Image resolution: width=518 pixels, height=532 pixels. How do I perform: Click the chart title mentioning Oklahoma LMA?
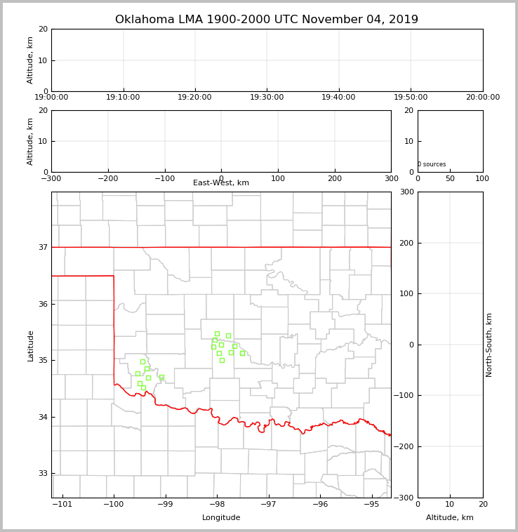(x=266, y=20)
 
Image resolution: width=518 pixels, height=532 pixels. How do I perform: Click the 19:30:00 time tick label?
(x=267, y=98)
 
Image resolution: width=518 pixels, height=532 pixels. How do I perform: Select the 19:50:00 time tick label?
(x=411, y=98)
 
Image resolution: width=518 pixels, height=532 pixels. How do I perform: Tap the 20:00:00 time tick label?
(x=482, y=98)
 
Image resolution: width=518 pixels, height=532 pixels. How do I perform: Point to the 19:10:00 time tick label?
(x=124, y=98)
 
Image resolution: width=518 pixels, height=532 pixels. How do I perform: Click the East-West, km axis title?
(x=221, y=183)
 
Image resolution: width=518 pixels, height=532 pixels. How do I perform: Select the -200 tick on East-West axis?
(x=107, y=178)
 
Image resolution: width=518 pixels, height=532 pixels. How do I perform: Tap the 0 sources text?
(x=432, y=165)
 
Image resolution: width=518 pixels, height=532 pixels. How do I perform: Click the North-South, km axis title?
(x=490, y=345)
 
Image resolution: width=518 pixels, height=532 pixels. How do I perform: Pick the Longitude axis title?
(x=221, y=518)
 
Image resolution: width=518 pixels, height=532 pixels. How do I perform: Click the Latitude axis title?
(x=30, y=345)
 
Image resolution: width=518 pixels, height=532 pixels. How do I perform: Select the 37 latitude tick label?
(x=43, y=247)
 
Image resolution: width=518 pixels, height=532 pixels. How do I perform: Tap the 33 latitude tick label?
(x=43, y=474)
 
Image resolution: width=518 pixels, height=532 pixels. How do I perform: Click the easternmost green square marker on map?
(x=242, y=353)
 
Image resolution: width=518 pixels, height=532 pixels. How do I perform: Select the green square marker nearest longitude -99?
(x=161, y=377)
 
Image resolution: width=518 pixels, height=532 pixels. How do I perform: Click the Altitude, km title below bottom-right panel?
(x=450, y=518)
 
